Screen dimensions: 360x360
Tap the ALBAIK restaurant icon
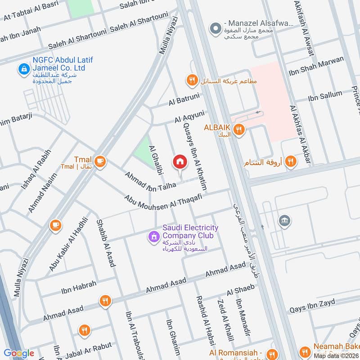pyautogui.click(x=239, y=130)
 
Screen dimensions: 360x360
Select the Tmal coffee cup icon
pyautogui.click(x=100, y=162)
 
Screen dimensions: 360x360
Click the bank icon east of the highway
pyautogui.click(x=284, y=220)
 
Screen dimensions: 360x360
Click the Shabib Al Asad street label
pyautogui.click(x=105, y=243)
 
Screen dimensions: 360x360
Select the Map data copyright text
pyautogui.click(x=336, y=355)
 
